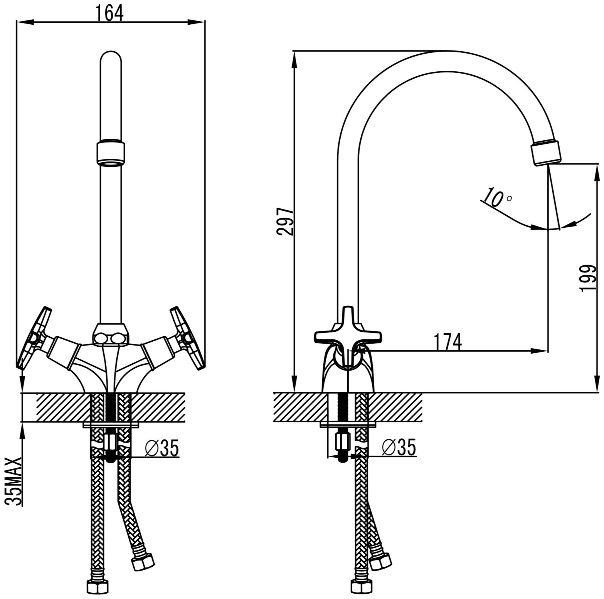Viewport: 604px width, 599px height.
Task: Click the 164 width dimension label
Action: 109,13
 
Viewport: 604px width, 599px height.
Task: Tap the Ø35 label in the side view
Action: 399,448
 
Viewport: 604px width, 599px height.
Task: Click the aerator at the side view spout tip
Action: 546,153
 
